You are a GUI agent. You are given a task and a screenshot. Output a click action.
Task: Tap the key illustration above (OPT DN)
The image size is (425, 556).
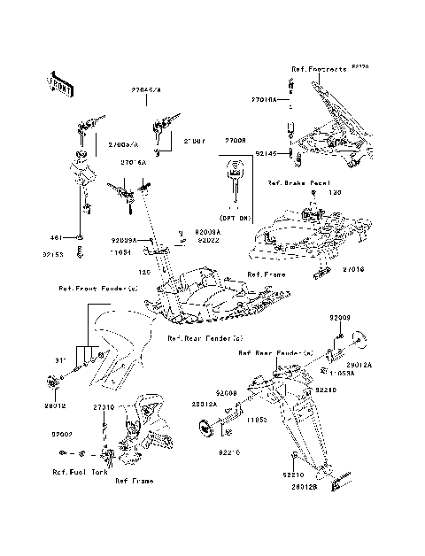(236, 175)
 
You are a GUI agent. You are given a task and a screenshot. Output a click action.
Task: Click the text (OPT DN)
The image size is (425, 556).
(235, 217)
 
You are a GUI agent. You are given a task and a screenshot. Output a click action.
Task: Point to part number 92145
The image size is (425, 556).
(267, 152)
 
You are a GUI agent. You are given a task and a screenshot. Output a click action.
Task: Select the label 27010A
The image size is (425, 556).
(264, 101)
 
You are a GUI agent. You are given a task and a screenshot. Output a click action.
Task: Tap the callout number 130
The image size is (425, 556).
(359, 192)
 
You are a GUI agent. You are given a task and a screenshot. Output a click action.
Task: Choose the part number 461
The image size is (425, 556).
(55, 237)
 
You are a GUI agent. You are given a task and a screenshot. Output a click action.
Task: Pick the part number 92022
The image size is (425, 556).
(207, 240)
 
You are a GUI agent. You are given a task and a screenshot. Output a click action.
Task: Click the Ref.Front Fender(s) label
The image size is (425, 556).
(98, 288)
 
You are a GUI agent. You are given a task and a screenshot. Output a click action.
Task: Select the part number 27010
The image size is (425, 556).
(104, 406)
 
